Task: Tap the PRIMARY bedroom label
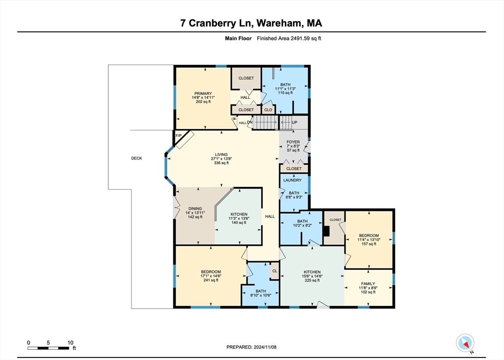point(203,93)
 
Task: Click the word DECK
point(136,158)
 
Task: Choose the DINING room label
point(195,209)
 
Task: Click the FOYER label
point(293,142)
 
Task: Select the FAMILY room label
point(368,284)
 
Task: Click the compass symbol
point(465,342)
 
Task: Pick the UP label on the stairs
point(295,122)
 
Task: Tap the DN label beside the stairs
point(250,122)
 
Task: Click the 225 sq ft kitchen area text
point(312,281)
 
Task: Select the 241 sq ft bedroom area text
point(210,281)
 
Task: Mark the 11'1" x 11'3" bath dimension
point(285,89)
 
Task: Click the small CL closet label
point(275,270)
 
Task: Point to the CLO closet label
point(268,110)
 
